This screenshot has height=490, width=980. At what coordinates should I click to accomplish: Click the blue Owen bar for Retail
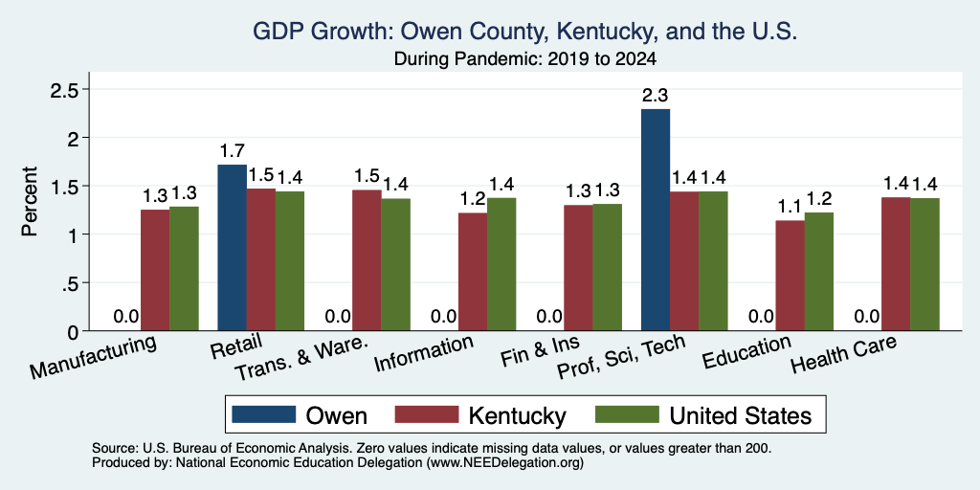point(232,248)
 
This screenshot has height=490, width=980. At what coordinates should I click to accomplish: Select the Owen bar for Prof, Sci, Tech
point(656,220)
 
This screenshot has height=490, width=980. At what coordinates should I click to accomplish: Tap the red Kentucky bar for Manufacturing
point(155,270)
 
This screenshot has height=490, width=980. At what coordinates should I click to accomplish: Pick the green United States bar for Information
point(501,264)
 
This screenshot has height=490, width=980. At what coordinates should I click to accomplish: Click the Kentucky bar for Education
point(790,276)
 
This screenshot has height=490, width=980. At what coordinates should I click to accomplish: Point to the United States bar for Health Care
point(925,264)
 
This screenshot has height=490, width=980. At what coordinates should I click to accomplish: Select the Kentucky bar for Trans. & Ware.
point(367,260)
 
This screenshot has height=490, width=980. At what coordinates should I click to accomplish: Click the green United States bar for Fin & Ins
point(608,268)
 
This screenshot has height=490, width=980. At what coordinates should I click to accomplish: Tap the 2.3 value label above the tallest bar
point(656,96)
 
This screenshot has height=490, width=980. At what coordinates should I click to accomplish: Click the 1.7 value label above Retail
point(232,150)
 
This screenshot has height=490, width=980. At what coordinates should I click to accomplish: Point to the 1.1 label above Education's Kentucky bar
point(790,208)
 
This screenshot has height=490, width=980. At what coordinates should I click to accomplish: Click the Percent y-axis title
point(30,201)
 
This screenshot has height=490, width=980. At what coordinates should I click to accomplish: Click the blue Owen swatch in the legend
point(264,414)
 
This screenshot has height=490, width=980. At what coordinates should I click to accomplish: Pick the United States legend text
point(741,415)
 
